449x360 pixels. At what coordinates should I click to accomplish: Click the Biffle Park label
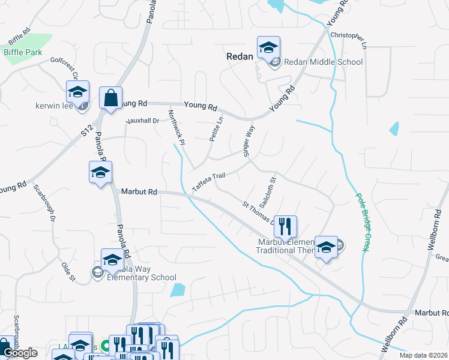pyautogui.click(x=23, y=52)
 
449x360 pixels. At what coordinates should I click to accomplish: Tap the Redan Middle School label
pyautogui.click(x=323, y=62)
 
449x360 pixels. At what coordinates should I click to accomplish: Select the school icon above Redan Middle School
pyautogui.click(x=268, y=47)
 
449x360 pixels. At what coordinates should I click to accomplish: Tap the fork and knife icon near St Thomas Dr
pyautogui.click(x=285, y=226)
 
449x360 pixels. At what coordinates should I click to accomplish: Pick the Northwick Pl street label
pyautogui.click(x=175, y=127)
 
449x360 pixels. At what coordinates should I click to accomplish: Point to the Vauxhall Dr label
pyautogui.click(x=142, y=121)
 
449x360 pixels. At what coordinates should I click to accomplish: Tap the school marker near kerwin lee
pyautogui.click(x=77, y=92)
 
